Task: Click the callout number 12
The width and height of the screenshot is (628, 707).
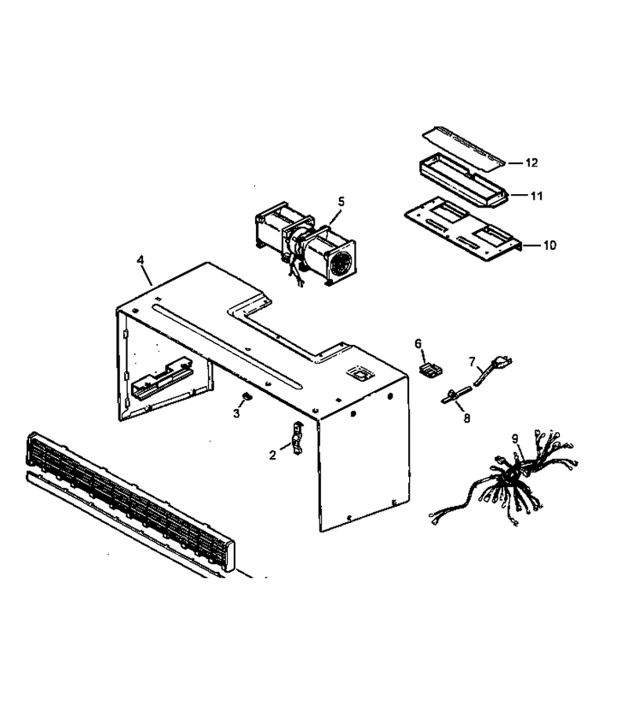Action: click(x=531, y=163)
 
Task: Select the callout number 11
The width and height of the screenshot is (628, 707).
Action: click(x=536, y=196)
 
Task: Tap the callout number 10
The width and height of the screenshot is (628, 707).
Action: click(x=549, y=245)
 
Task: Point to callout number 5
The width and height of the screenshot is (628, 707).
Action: click(x=341, y=202)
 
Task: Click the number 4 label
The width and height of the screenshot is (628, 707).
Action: click(x=141, y=260)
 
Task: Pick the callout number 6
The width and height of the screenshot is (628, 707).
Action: click(x=418, y=344)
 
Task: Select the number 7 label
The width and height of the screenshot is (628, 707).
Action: click(x=472, y=361)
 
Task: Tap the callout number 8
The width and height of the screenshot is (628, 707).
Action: click(x=467, y=419)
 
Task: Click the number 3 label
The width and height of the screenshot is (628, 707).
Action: click(x=236, y=413)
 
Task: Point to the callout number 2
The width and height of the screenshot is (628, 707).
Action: click(x=272, y=456)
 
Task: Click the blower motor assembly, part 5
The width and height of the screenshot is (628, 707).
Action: click(x=306, y=244)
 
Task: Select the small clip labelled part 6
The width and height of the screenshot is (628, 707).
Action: click(x=431, y=370)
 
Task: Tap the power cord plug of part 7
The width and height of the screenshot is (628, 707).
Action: click(x=502, y=361)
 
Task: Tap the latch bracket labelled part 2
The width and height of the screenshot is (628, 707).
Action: click(x=298, y=438)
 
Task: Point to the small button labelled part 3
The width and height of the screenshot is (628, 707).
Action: click(x=246, y=396)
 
